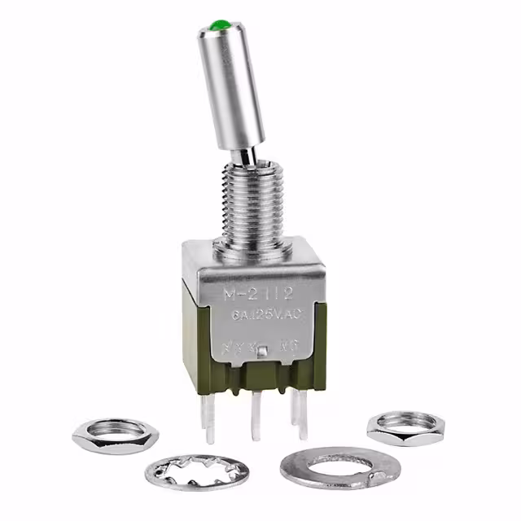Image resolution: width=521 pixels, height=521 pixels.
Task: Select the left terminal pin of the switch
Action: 210,415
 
